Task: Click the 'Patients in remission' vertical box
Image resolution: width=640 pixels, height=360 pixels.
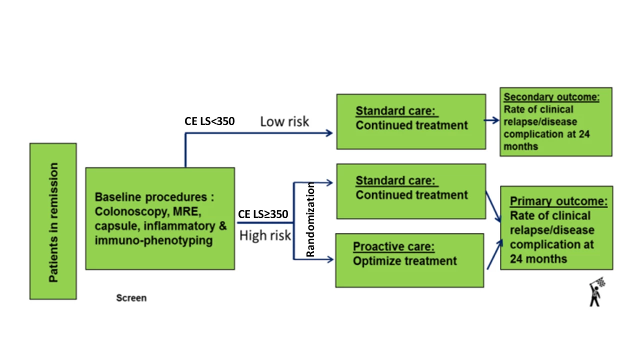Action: (53, 221)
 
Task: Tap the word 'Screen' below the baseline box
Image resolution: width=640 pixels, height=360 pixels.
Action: (131, 298)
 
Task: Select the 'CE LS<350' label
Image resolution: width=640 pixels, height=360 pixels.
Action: (209, 121)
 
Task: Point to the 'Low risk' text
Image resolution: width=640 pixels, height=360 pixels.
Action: (284, 121)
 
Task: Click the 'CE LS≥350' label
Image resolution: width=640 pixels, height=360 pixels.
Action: (263, 214)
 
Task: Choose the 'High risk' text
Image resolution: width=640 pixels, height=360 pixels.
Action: (265, 235)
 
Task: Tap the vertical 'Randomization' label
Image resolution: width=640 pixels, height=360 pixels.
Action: (310, 219)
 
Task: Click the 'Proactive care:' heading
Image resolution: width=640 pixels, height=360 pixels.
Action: (393, 246)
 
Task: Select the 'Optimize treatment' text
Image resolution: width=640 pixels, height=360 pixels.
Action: (404, 261)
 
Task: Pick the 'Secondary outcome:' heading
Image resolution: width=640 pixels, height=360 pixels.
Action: (551, 97)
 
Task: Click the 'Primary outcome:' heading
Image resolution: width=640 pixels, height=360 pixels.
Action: (558, 201)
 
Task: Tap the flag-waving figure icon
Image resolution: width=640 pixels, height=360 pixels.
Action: (597, 291)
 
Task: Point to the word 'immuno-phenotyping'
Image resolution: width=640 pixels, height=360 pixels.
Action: (153, 240)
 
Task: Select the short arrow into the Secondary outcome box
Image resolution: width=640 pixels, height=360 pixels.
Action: (491, 120)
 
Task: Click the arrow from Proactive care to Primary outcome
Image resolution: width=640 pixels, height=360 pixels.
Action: (494, 254)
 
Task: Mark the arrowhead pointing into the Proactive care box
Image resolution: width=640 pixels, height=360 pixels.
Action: (330, 259)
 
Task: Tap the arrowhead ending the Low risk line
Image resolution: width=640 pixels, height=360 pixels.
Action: (329, 133)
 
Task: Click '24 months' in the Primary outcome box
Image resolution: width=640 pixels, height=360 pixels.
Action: (538, 259)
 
